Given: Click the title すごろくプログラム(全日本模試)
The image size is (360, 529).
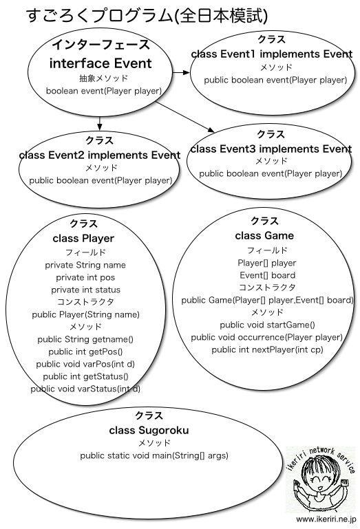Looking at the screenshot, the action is [147, 17].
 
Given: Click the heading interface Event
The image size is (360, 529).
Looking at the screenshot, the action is [100, 63].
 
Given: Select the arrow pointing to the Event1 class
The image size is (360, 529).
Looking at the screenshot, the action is [181, 72].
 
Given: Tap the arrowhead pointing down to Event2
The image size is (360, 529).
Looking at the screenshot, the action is [99, 127].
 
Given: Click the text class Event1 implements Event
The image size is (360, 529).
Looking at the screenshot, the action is [272, 54].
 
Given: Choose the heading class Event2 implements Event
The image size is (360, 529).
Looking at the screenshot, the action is [100, 155].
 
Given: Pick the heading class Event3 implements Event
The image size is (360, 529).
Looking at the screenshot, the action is [271, 149].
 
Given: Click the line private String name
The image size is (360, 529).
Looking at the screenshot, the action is [85, 265].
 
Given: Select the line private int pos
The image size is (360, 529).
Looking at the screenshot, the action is [85, 278].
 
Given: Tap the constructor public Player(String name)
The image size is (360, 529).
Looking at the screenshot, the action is [86, 315].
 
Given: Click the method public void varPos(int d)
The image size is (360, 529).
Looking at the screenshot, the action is [85, 365].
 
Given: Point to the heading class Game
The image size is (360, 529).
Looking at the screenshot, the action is [264, 235].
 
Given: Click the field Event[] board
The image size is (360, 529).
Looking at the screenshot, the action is [268, 275].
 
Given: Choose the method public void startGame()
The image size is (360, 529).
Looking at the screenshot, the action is [268, 325].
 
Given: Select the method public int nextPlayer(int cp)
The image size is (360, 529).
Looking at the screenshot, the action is [268, 350].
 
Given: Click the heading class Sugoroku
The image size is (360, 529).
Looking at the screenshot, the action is [149, 431].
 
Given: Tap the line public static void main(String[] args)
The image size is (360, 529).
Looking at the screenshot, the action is [154, 456].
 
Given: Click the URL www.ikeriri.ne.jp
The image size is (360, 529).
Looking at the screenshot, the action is [326, 519].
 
